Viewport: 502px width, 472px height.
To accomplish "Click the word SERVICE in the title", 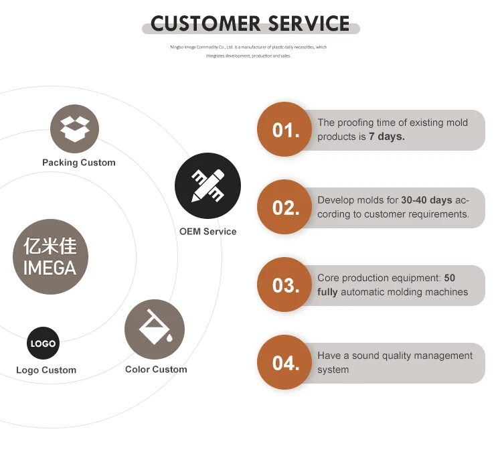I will pyautogui.click(x=309, y=24).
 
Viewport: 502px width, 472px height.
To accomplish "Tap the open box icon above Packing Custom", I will pyautogui.click(x=74, y=129).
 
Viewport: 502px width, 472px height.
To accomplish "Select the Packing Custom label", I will pyautogui.click(x=78, y=163).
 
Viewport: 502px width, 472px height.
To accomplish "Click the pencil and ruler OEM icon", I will pyautogui.click(x=207, y=185).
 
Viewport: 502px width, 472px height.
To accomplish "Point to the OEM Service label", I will pyautogui.click(x=207, y=232).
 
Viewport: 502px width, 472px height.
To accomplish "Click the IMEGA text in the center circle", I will pyautogui.click(x=50, y=268).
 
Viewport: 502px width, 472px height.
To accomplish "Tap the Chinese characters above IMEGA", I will pyautogui.click(x=50, y=246).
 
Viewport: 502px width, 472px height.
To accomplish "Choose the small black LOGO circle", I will pyautogui.click(x=43, y=343).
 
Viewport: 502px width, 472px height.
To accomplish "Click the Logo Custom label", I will pyautogui.click(x=46, y=370).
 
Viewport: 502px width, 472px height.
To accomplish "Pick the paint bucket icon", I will pyautogui.click(x=155, y=329).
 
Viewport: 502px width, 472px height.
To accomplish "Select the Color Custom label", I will pyautogui.click(x=156, y=370).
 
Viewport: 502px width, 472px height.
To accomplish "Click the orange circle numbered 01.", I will pyautogui.click(x=286, y=130).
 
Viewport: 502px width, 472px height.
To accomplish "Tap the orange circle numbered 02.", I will pyautogui.click(x=286, y=208).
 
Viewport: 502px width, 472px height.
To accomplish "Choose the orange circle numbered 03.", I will pyautogui.click(x=286, y=285).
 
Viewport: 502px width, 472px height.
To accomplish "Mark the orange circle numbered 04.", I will pyautogui.click(x=286, y=363).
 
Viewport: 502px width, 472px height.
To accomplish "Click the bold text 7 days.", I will pyautogui.click(x=387, y=137).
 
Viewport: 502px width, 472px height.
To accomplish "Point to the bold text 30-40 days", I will pyautogui.click(x=427, y=200).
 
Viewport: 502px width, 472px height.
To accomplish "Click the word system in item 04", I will pyautogui.click(x=333, y=370).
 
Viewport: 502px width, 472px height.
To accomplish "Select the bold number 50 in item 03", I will pyautogui.click(x=449, y=278).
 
